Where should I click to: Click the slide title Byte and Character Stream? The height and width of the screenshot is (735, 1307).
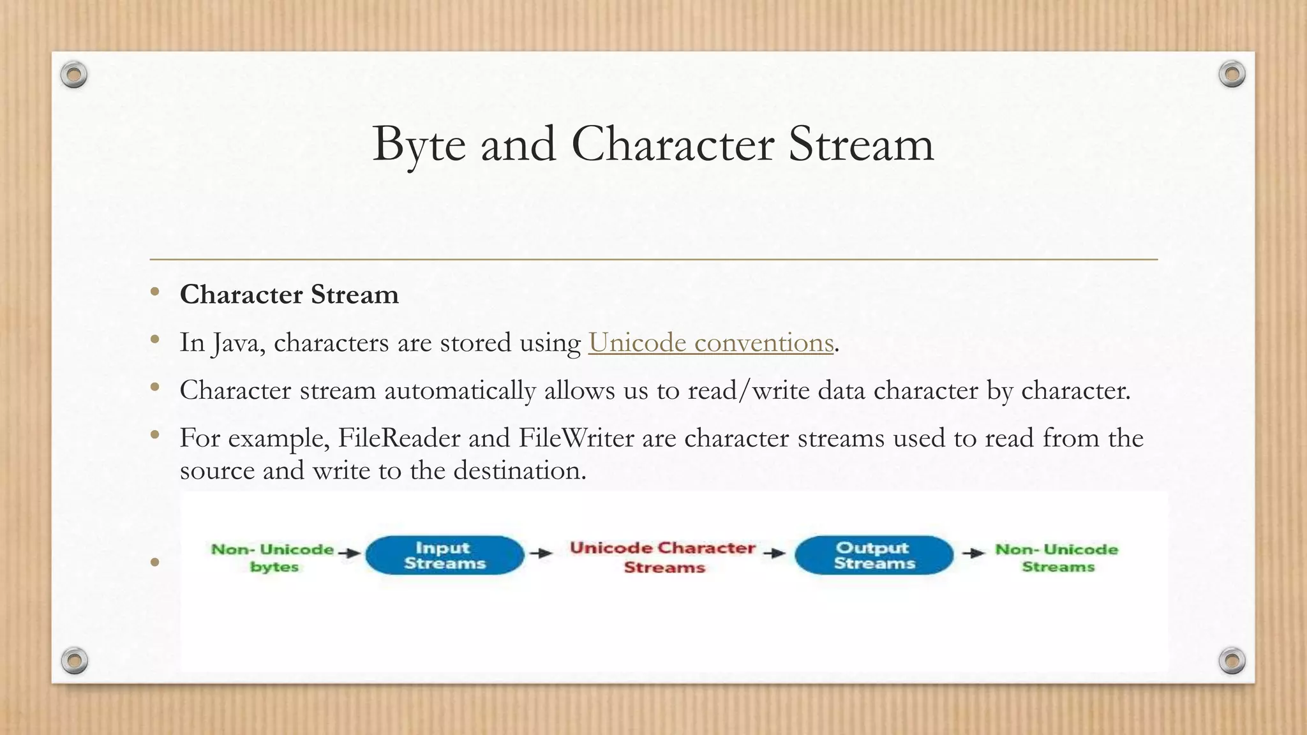[653, 144]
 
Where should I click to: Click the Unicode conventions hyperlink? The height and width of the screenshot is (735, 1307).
[711, 343]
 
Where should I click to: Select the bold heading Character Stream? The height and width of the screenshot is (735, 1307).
[289, 295]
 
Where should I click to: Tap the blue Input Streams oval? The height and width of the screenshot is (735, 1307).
[445, 555]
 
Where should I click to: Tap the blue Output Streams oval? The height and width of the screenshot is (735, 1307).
[874, 555]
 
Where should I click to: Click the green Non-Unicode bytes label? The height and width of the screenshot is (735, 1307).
[273, 558]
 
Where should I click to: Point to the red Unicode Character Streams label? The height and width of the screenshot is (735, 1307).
[663, 557]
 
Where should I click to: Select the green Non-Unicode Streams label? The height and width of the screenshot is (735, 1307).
[1057, 558]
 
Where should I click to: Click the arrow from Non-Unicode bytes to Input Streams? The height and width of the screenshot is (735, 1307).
[349, 553]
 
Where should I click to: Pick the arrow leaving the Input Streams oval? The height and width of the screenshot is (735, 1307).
[541, 553]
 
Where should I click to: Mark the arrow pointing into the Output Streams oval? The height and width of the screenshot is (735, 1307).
[774, 553]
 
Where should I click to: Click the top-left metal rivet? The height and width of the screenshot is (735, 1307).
[74, 75]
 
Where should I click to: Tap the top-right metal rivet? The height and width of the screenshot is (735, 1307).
[1232, 75]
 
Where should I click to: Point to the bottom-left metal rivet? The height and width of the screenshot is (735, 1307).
[74, 660]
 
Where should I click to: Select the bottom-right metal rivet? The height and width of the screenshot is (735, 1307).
[1232, 660]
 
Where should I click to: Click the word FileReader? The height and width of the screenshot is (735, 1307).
[399, 438]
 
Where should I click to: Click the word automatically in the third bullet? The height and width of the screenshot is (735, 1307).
[460, 390]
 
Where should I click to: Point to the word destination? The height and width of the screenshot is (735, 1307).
[519, 471]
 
